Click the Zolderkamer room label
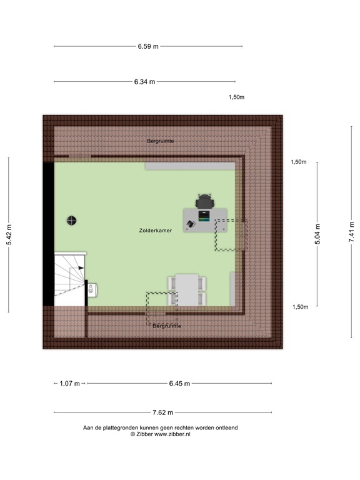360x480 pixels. [156, 231]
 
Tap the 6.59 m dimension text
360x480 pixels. [148, 46]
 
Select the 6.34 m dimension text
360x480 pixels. [144, 81]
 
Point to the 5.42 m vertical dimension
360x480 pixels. [9, 235]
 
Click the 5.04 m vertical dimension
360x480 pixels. [317, 235]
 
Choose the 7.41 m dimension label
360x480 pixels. [352, 235]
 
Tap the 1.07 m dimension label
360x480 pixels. [70, 383]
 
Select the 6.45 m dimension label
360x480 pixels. [179, 383]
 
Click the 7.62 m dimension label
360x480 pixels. [162, 412]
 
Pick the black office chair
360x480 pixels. [204, 201]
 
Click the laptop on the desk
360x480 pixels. [204, 216]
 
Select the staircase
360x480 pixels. [69, 279]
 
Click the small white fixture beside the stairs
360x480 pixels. [92, 289]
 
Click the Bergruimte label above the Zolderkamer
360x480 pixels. [161, 141]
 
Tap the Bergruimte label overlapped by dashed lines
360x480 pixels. [166, 326]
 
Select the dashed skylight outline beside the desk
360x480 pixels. [231, 235]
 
